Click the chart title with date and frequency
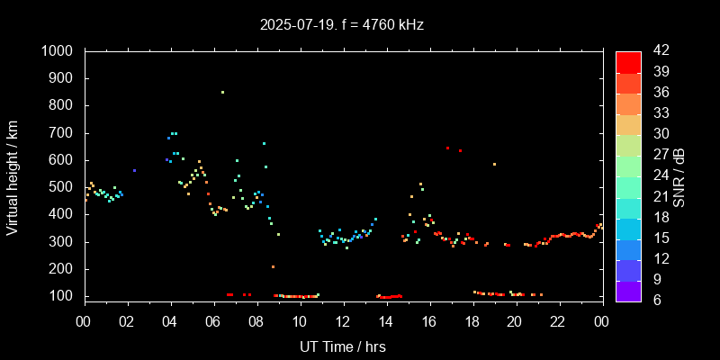tap(341, 24)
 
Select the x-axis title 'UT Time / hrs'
tap(342, 346)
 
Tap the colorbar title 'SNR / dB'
tap(679, 175)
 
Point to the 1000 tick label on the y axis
tap(60, 51)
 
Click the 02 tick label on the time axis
tap(127, 321)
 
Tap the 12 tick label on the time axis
tap(343, 321)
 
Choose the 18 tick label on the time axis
tap(472, 321)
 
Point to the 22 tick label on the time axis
tap(559, 321)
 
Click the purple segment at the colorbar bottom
tap(628, 290)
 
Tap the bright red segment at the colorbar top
tap(628, 61)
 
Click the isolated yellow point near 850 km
tap(222, 92)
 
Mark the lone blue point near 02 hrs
tap(134, 170)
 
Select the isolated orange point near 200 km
tap(273, 266)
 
